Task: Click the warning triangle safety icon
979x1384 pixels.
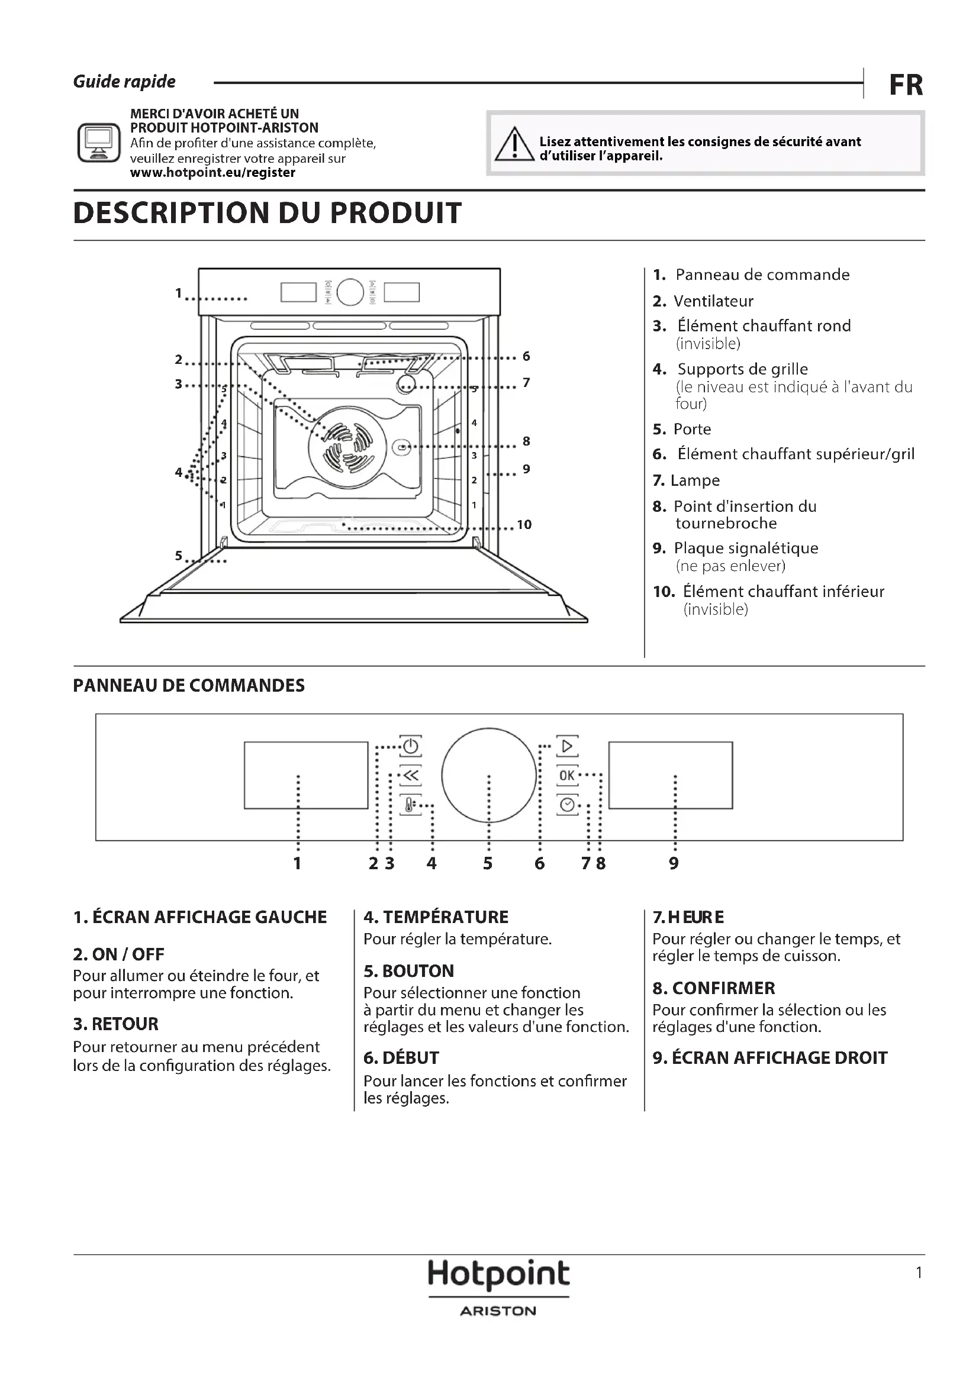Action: (514, 144)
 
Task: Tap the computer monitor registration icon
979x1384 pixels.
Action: (99, 143)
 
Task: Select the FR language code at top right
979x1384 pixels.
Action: (906, 85)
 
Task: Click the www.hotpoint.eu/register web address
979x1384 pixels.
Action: (213, 173)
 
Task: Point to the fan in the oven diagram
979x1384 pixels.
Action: (347, 447)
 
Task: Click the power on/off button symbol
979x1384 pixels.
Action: (411, 747)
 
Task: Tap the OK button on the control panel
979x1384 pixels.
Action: (566, 775)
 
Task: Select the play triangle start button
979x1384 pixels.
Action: (566, 747)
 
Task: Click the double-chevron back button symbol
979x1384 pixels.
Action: (411, 776)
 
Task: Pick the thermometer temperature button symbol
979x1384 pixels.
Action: (410, 805)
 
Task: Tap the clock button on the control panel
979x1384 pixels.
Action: (566, 805)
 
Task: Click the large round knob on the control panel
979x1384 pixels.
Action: (489, 775)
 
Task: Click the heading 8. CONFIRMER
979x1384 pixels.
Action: (714, 988)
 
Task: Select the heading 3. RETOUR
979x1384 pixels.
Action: (116, 1024)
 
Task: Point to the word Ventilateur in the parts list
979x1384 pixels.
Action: (713, 301)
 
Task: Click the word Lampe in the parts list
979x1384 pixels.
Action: (695, 480)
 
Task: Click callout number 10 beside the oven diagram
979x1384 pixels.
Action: (524, 524)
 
